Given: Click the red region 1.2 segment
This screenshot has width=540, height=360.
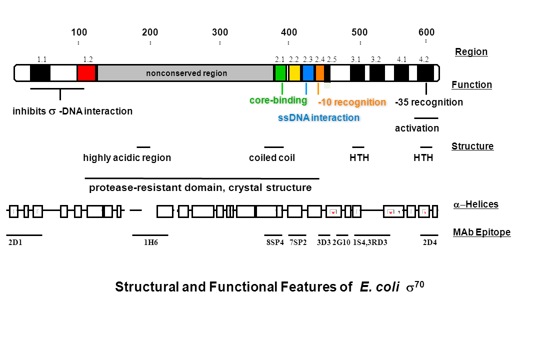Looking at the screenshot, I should (x=86, y=73).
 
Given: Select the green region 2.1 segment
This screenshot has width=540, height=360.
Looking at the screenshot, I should (x=280, y=73).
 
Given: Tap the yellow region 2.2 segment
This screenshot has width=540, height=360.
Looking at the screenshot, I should (x=294, y=73).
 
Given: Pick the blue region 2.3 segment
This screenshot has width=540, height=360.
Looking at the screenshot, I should (x=308, y=73).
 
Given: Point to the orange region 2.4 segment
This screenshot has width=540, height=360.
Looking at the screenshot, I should (x=320, y=73).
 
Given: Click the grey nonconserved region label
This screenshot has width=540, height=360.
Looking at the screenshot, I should (x=186, y=73).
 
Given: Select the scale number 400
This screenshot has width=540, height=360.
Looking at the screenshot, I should (x=289, y=32).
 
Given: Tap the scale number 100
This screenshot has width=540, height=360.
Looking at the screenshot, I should (x=79, y=32).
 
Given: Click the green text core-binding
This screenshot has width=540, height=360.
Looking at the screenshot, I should (x=278, y=100).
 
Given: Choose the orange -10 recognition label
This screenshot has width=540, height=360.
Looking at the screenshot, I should (x=352, y=102).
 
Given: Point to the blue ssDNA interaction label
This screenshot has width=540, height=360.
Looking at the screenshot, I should (x=318, y=118).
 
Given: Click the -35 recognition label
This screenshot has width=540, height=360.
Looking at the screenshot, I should (x=429, y=102).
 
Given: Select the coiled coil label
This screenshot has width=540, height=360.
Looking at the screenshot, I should (x=272, y=158).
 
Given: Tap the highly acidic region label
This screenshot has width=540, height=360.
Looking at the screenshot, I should (x=127, y=158).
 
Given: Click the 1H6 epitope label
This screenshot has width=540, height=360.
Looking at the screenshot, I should (x=150, y=243).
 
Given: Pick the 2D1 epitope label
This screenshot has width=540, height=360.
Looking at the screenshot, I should (x=16, y=243).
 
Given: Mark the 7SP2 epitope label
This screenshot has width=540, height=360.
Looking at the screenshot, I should (x=298, y=243).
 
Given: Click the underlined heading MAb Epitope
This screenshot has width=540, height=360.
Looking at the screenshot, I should (x=482, y=232).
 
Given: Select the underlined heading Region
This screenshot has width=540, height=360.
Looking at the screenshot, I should (x=471, y=51).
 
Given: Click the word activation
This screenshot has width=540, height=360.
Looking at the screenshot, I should (x=417, y=128).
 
